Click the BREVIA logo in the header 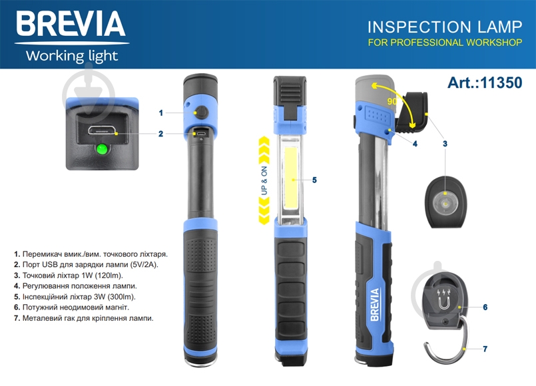click(71, 23)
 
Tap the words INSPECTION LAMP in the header click(445, 27)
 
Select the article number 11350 click(501, 83)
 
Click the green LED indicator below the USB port click(101, 149)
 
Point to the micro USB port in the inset click(101, 130)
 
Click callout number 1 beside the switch click(161, 113)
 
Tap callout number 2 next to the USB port click(160, 134)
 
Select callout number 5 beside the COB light click(314, 180)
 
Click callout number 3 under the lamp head click(445, 144)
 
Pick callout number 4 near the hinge click(415, 144)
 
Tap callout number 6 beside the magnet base click(485, 307)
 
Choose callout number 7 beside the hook click(485, 349)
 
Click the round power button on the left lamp click(202, 112)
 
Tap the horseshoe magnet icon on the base click(443, 302)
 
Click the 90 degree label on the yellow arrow click(392, 101)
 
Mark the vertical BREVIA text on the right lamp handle click(375, 304)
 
